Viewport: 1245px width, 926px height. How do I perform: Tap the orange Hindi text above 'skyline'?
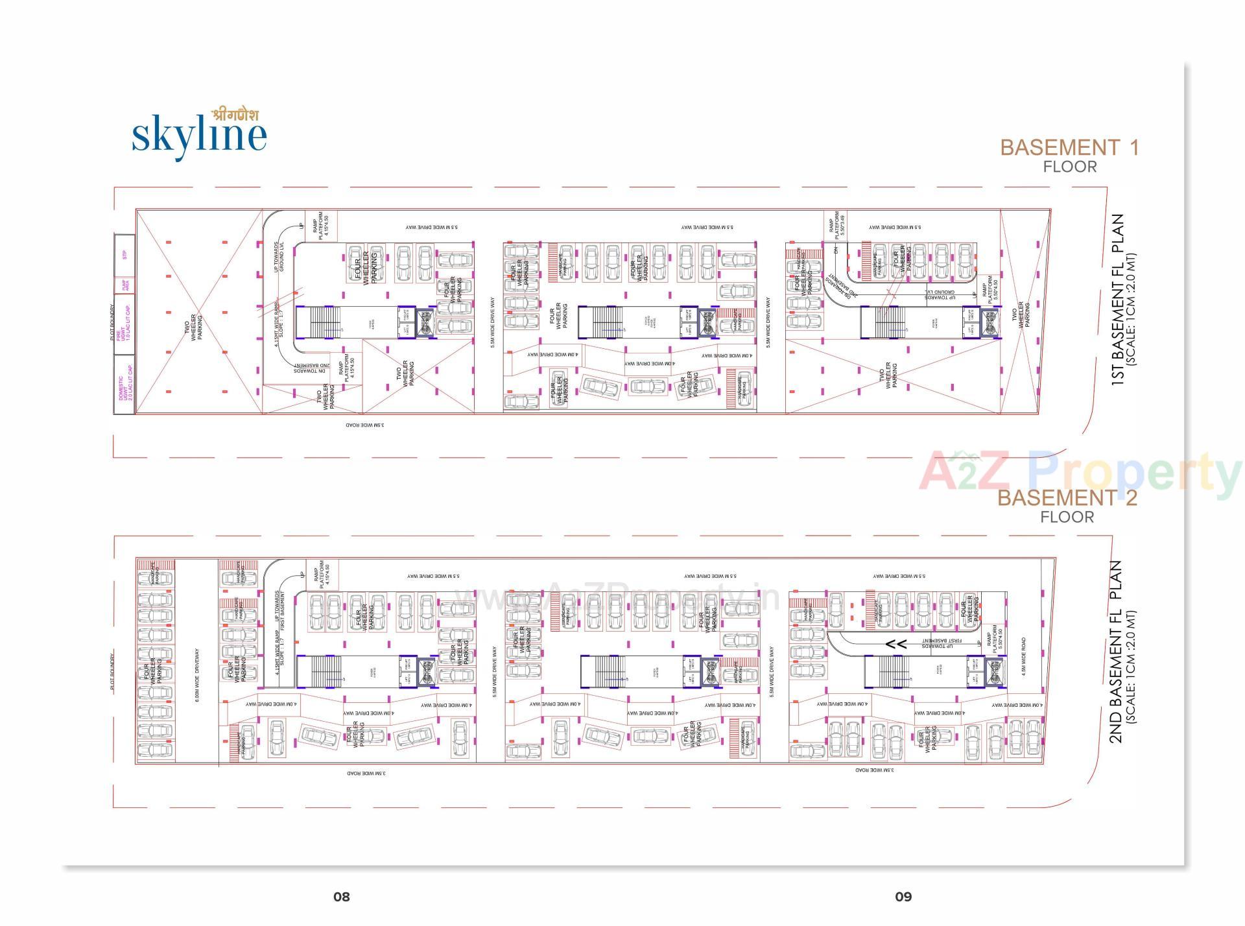coord(235,115)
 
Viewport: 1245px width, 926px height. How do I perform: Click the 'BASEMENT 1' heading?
coord(1069,148)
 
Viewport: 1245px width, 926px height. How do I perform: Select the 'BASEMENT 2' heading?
coord(1067,498)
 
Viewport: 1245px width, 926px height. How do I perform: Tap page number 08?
coord(342,897)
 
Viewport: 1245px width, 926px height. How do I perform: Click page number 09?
coord(903,897)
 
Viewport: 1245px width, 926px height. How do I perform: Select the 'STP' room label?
coord(124,255)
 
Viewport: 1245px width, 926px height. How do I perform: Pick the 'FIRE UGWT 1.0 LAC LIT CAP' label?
coord(124,323)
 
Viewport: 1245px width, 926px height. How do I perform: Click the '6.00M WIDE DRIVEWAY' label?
coord(197,675)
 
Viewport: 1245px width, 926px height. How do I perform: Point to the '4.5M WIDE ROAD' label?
coord(1023,657)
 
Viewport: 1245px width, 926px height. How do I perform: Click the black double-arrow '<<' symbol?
coord(897,645)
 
